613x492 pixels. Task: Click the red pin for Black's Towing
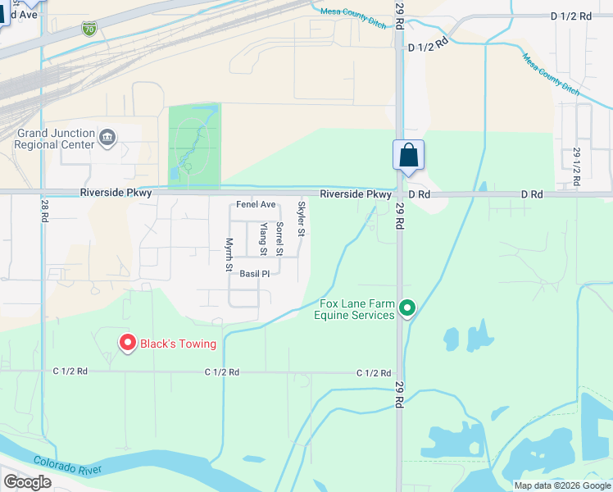coord(127,343)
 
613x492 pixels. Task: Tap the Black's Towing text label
coord(178,344)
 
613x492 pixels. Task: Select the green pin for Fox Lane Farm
coord(408,308)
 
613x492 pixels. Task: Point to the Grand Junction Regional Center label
coord(54,139)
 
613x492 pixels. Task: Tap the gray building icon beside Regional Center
coord(107,137)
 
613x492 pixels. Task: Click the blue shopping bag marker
coord(408,156)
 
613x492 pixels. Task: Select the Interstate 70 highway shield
coord(89,30)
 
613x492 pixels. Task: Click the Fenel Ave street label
coord(256,205)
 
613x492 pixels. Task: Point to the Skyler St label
coord(302,219)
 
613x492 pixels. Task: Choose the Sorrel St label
coord(279,236)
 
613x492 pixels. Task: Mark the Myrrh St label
coord(229,254)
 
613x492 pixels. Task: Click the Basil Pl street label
coord(254,274)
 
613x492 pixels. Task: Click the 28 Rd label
coord(43,212)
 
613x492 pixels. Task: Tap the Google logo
coord(27,482)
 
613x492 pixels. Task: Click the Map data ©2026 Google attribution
coord(562,485)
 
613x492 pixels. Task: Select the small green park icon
coord(188,167)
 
